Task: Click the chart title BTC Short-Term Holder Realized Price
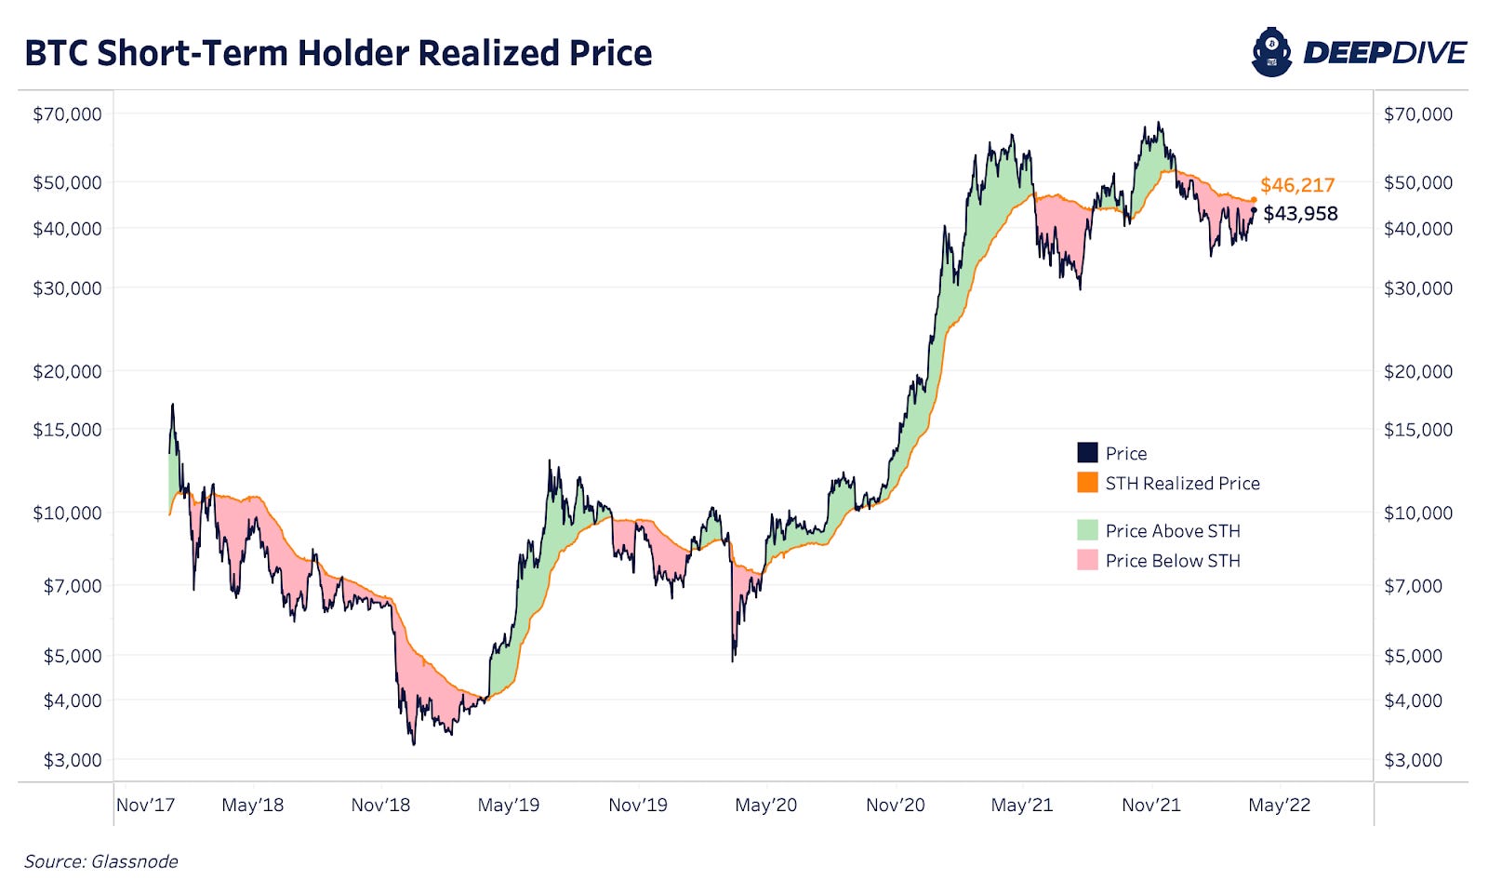(338, 53)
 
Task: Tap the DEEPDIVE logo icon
(1271, 52)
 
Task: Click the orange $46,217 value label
(1297, 185)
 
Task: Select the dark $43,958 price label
(1300, 214)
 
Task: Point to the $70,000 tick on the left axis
(67, 114)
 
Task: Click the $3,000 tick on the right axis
(1413, 760)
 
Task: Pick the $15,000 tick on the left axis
(67, 430)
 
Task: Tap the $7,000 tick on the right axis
(1413, 586)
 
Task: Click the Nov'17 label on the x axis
(145, 806)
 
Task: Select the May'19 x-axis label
(508, 806)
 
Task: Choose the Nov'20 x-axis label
(895, 806)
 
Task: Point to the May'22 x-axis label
(1279, 806)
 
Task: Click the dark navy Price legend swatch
(1087, 453)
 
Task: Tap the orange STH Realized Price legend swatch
(1087, 483)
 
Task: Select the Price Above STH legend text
(1172, 531)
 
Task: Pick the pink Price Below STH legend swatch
(1087, 560)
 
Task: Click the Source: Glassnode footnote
(100, 861)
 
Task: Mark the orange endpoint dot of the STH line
(1254, 200)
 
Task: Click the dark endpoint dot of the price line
(1254, 210)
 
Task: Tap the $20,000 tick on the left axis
(67, 372)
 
